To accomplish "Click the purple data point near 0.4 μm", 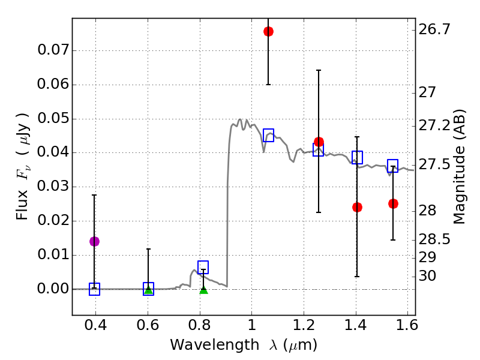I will [x=94, y=241].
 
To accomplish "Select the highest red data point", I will [x=268, y=31].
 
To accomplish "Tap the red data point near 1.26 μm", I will [x=319, y=142].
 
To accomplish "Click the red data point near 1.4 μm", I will [x=357, y=207].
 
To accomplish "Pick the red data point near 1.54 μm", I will [x=393, y=203].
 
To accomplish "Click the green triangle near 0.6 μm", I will [x=148, y=290].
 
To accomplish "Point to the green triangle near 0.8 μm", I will [x=203, y=290].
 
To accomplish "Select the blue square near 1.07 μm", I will [x=268, y=135].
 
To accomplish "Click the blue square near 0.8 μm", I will [x=203, y=267].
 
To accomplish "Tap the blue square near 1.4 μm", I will [x=357, y=157].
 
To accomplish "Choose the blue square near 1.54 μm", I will [x=393, y=166].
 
